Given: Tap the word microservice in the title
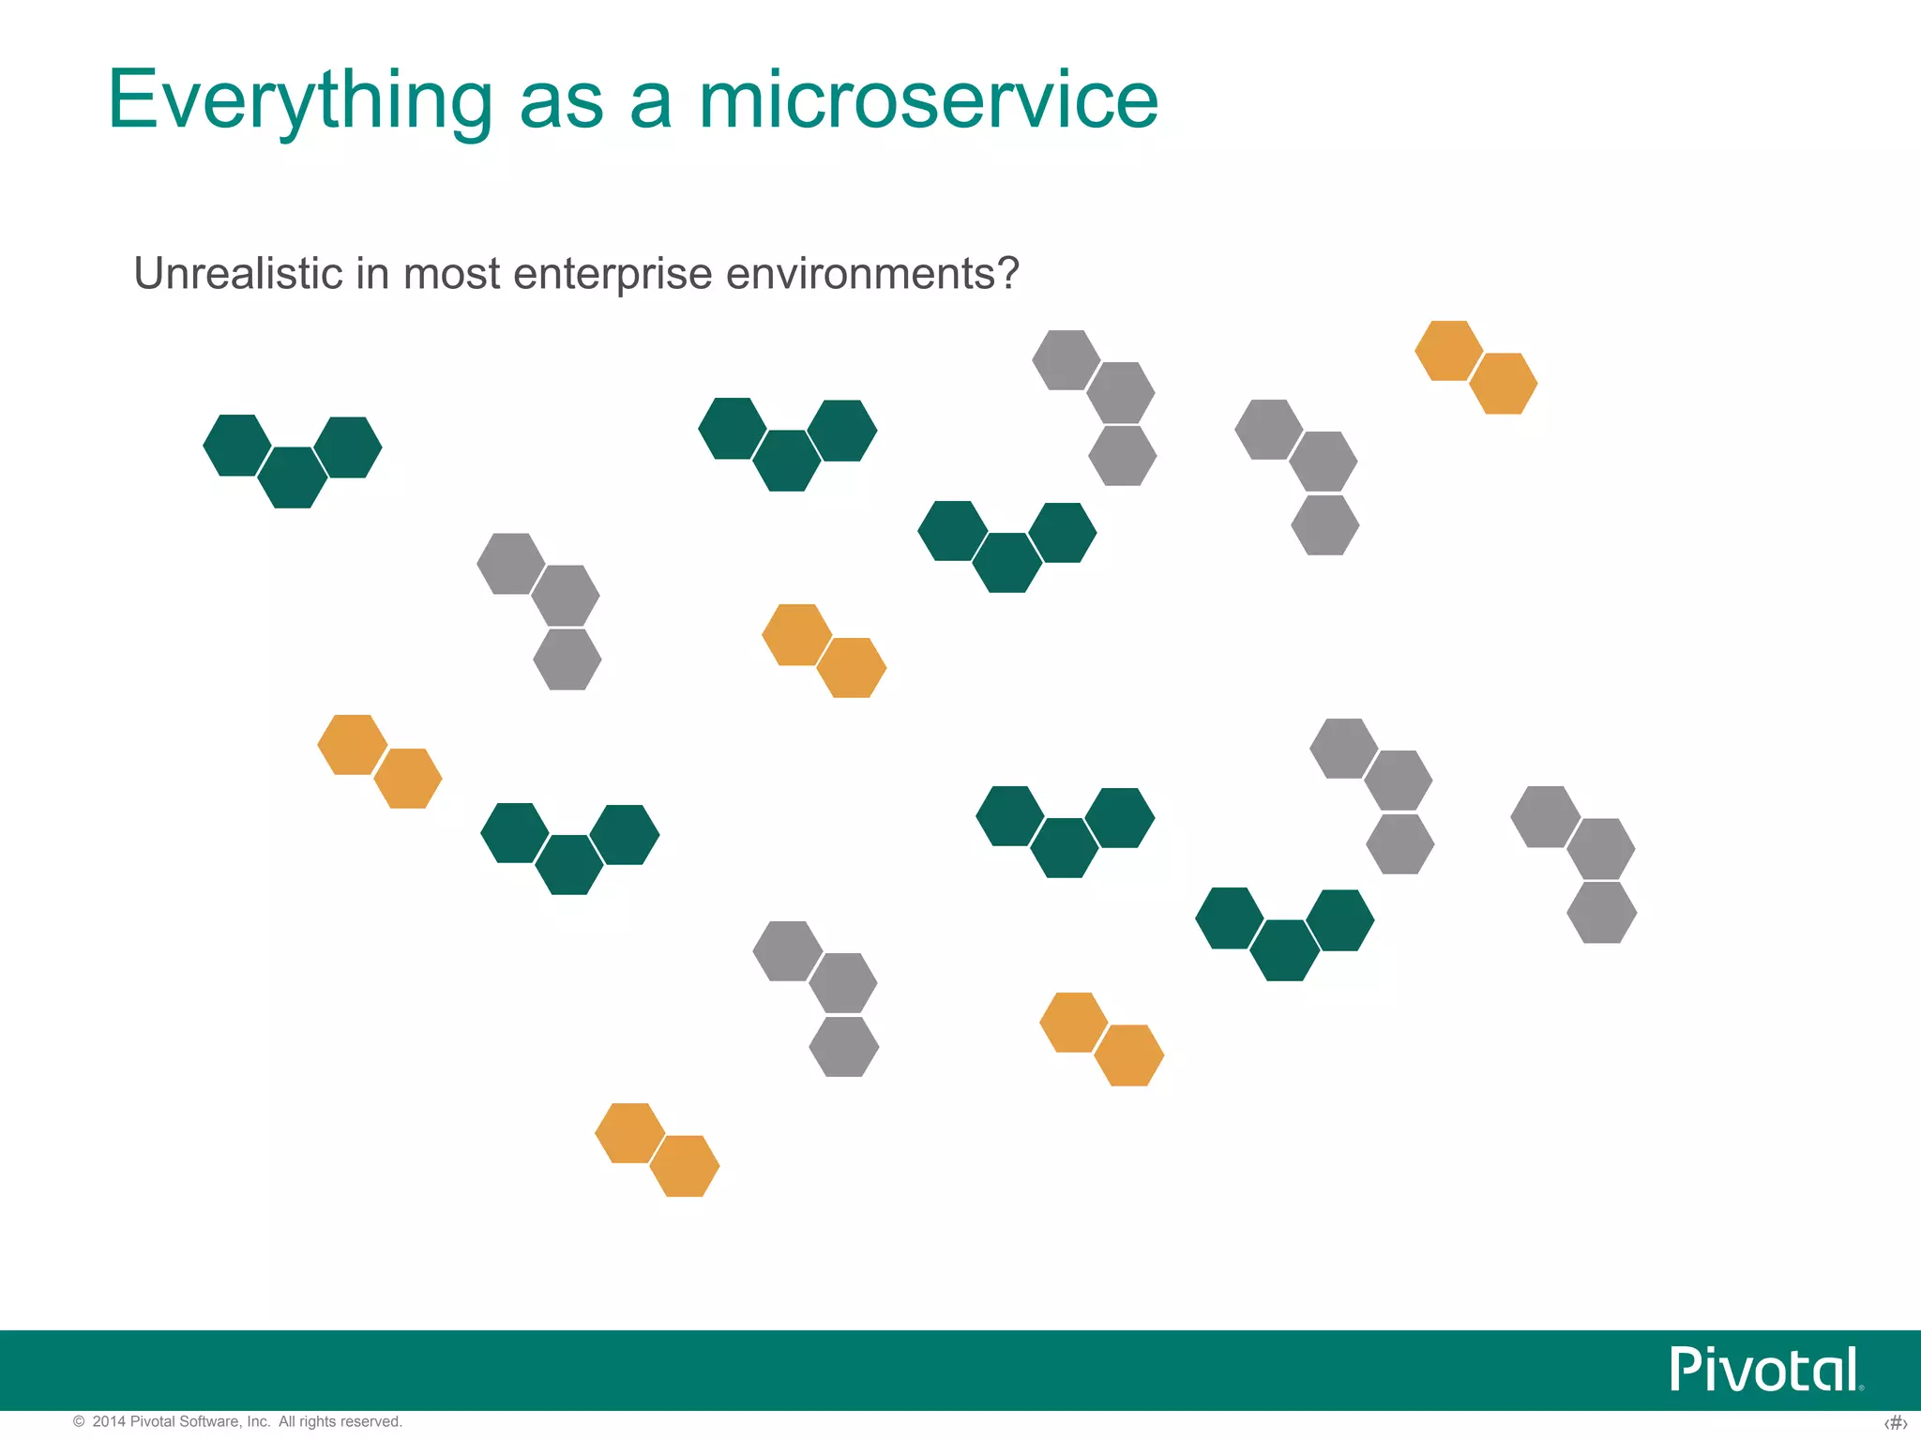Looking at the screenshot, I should [x=929, y=101].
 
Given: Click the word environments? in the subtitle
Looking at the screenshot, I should [x=872, y=274].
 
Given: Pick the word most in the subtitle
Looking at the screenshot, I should [x=451, y=274].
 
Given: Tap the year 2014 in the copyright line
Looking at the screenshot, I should [x=109, y=1421].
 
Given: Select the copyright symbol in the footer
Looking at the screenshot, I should [x=79, y=1421].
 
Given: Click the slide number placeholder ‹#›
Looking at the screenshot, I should [x=1895, y=1423].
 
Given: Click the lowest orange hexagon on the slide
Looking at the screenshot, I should [x=685, y=1166].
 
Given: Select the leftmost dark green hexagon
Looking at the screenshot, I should [x=237, y=446].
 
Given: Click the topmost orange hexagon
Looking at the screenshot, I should [x=1448, y=351].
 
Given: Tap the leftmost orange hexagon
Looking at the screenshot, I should [x=352, y=745].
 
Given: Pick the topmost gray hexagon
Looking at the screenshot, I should [x=1066, y=359].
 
